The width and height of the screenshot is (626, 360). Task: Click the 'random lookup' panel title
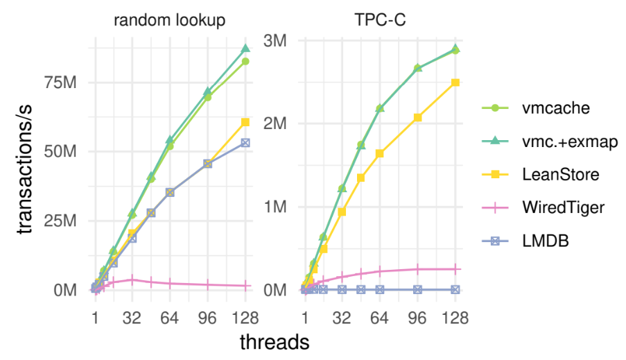point(169,20)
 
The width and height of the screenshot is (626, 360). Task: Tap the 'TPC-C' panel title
point(380,20)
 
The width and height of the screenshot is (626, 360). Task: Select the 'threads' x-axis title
point(275,343)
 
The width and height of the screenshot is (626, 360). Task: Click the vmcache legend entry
point(536,108)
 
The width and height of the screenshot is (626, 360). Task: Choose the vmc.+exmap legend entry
point(550,142)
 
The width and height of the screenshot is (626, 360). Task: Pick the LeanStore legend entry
point(541,175)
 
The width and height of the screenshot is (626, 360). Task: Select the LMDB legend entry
point(525,241)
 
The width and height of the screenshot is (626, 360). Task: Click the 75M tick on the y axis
point(60,83)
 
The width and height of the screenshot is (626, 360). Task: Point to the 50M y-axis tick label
point(60,152)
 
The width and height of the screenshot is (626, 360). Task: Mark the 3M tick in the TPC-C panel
point(275,40)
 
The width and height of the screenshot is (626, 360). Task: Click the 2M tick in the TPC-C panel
point(275,123)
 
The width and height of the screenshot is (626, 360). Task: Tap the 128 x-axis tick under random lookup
point(245,318)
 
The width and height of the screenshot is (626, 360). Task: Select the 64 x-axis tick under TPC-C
point(379,318)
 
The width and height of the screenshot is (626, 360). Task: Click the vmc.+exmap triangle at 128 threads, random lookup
point(245,49)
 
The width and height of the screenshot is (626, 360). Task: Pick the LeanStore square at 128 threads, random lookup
point(245,122)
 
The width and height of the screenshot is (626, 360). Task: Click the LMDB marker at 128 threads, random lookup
point(245,143)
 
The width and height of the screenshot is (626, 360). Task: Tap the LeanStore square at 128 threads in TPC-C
point(455,83)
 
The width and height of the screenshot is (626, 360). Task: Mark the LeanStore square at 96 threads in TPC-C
point(417,117)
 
